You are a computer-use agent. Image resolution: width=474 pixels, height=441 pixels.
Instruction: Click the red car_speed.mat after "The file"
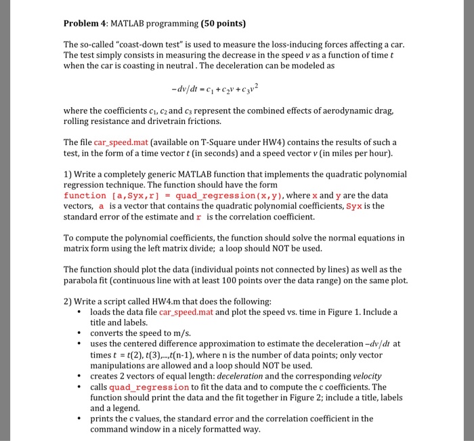click(121, 142)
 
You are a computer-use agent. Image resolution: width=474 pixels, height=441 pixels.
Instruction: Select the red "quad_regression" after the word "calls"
click(147, 387)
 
